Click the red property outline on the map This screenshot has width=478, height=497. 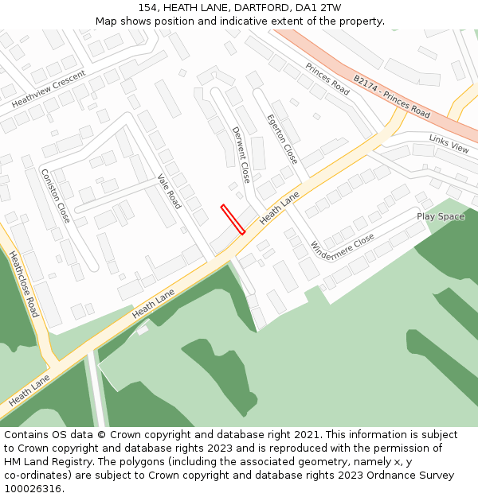[x=233, y=219]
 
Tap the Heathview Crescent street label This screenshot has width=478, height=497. [x=49, y=90]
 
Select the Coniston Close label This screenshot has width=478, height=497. [x=56, y=196]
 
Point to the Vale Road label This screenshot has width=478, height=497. [x=169, y=192]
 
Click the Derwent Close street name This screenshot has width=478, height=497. [x=241, y=154]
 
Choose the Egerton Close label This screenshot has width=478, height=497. [x=282, y=138]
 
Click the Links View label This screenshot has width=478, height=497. [x=449, y=142]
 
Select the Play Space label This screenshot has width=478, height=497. [x=441, y=216]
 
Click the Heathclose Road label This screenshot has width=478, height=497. [x=23, y=284]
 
